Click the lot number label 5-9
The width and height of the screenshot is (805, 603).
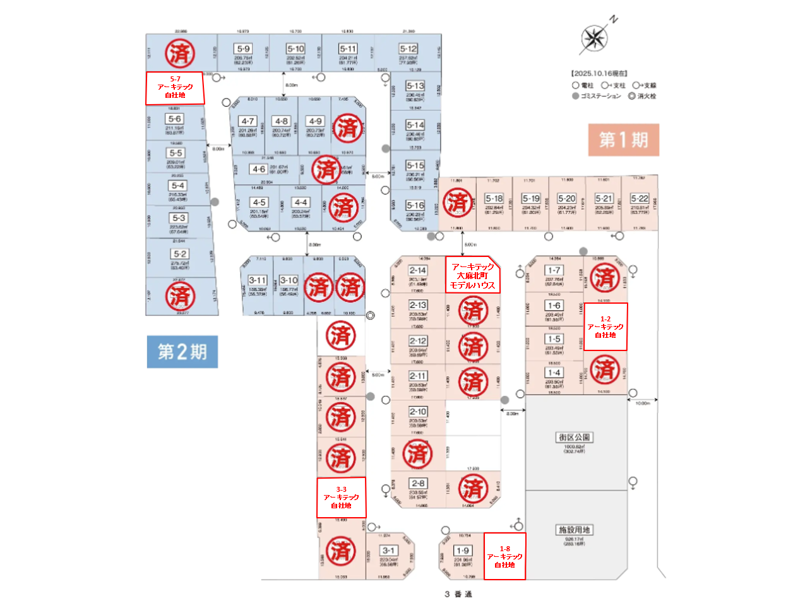point(242,49)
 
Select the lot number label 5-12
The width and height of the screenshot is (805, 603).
point(408,49)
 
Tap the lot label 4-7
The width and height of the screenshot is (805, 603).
point(247,121)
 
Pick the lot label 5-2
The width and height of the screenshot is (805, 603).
point(179,254)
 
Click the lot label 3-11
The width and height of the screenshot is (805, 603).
point(257,280)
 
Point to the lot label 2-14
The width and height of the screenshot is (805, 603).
point(417,270)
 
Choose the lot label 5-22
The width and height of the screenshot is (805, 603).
point(639,198)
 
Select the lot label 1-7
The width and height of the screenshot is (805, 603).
point(554,270)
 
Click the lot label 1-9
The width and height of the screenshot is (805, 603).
point(462,551)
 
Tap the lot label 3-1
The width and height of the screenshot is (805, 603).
point(388,551)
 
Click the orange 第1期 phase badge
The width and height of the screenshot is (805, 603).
point(623,140)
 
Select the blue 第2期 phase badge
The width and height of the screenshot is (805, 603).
point(182,352)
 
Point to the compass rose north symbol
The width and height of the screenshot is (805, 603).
point(594,39)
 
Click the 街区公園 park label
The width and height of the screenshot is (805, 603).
point(574,437)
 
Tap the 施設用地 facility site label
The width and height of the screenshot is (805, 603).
point(574,530)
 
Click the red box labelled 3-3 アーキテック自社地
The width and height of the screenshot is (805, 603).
point(341,498)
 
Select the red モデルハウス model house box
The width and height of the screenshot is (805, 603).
point(472,275)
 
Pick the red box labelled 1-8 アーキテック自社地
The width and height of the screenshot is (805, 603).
point(504,557)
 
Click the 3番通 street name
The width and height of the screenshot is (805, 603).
point(458,594)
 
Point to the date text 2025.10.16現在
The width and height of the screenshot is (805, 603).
point(599,73)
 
